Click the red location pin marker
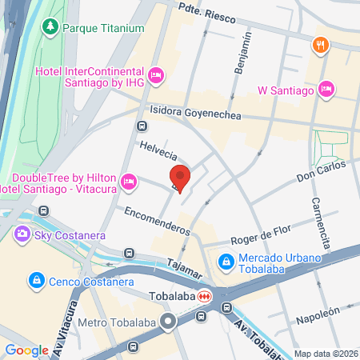click(x=180, y=178)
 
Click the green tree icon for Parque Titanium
click(x=51, y=28)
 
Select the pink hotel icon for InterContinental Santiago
click(x=157, y=74)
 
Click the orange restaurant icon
click(x=320, y=45)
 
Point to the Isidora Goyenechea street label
click(x=195, y=115)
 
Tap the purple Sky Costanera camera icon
click(x=22, y=234)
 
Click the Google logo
click(x=26, y=350)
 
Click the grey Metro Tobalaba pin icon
click(x=168, y=322)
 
